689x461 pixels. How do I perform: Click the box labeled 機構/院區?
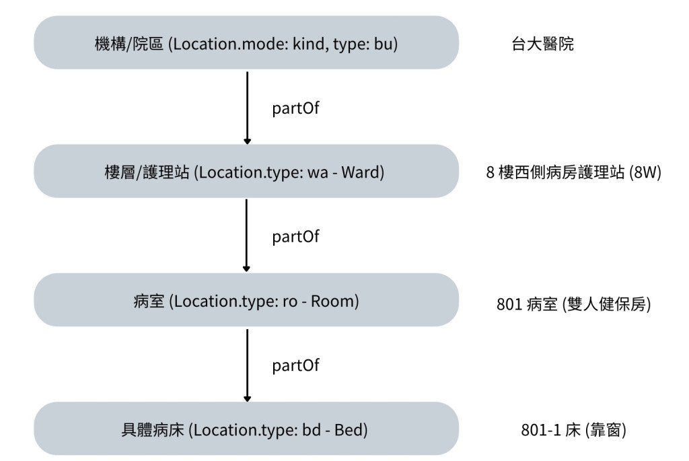pos(246,42)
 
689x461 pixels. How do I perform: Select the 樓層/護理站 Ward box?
pos(246,172)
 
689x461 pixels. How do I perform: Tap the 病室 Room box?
pos(246,300)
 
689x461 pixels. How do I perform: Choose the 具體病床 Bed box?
pos(246,429)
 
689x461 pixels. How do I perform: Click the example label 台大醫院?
pos(543,44)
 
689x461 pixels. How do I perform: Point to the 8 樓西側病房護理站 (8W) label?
pos(573,172)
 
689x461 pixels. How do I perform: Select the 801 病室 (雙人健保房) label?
pos(573,304)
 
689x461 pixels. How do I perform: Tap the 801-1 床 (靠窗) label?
pos(573,430)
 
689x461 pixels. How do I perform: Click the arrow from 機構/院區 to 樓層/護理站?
pos(248,108)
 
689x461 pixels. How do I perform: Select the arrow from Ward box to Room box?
pos(246,236)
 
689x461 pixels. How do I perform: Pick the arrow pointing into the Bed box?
pos(248,365)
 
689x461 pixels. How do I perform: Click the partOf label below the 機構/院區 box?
pos(296,108)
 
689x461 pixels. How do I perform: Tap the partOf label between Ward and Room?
pos(296,236)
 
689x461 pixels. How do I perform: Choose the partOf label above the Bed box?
pos(296,365)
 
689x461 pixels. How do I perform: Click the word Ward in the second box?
pos(360,172)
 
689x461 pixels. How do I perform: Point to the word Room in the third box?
pos(332,302)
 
